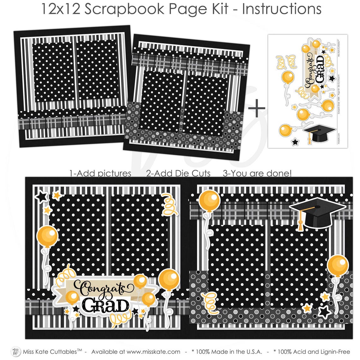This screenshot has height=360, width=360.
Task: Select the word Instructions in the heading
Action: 282,9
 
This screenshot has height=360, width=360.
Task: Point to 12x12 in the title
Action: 60,9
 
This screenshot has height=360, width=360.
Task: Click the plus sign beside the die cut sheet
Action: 257,108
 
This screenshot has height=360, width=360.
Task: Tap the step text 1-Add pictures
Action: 100,173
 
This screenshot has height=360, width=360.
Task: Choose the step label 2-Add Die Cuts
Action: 178,173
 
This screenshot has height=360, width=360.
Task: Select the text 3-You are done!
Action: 257,173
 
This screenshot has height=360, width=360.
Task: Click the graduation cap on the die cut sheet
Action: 318,134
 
